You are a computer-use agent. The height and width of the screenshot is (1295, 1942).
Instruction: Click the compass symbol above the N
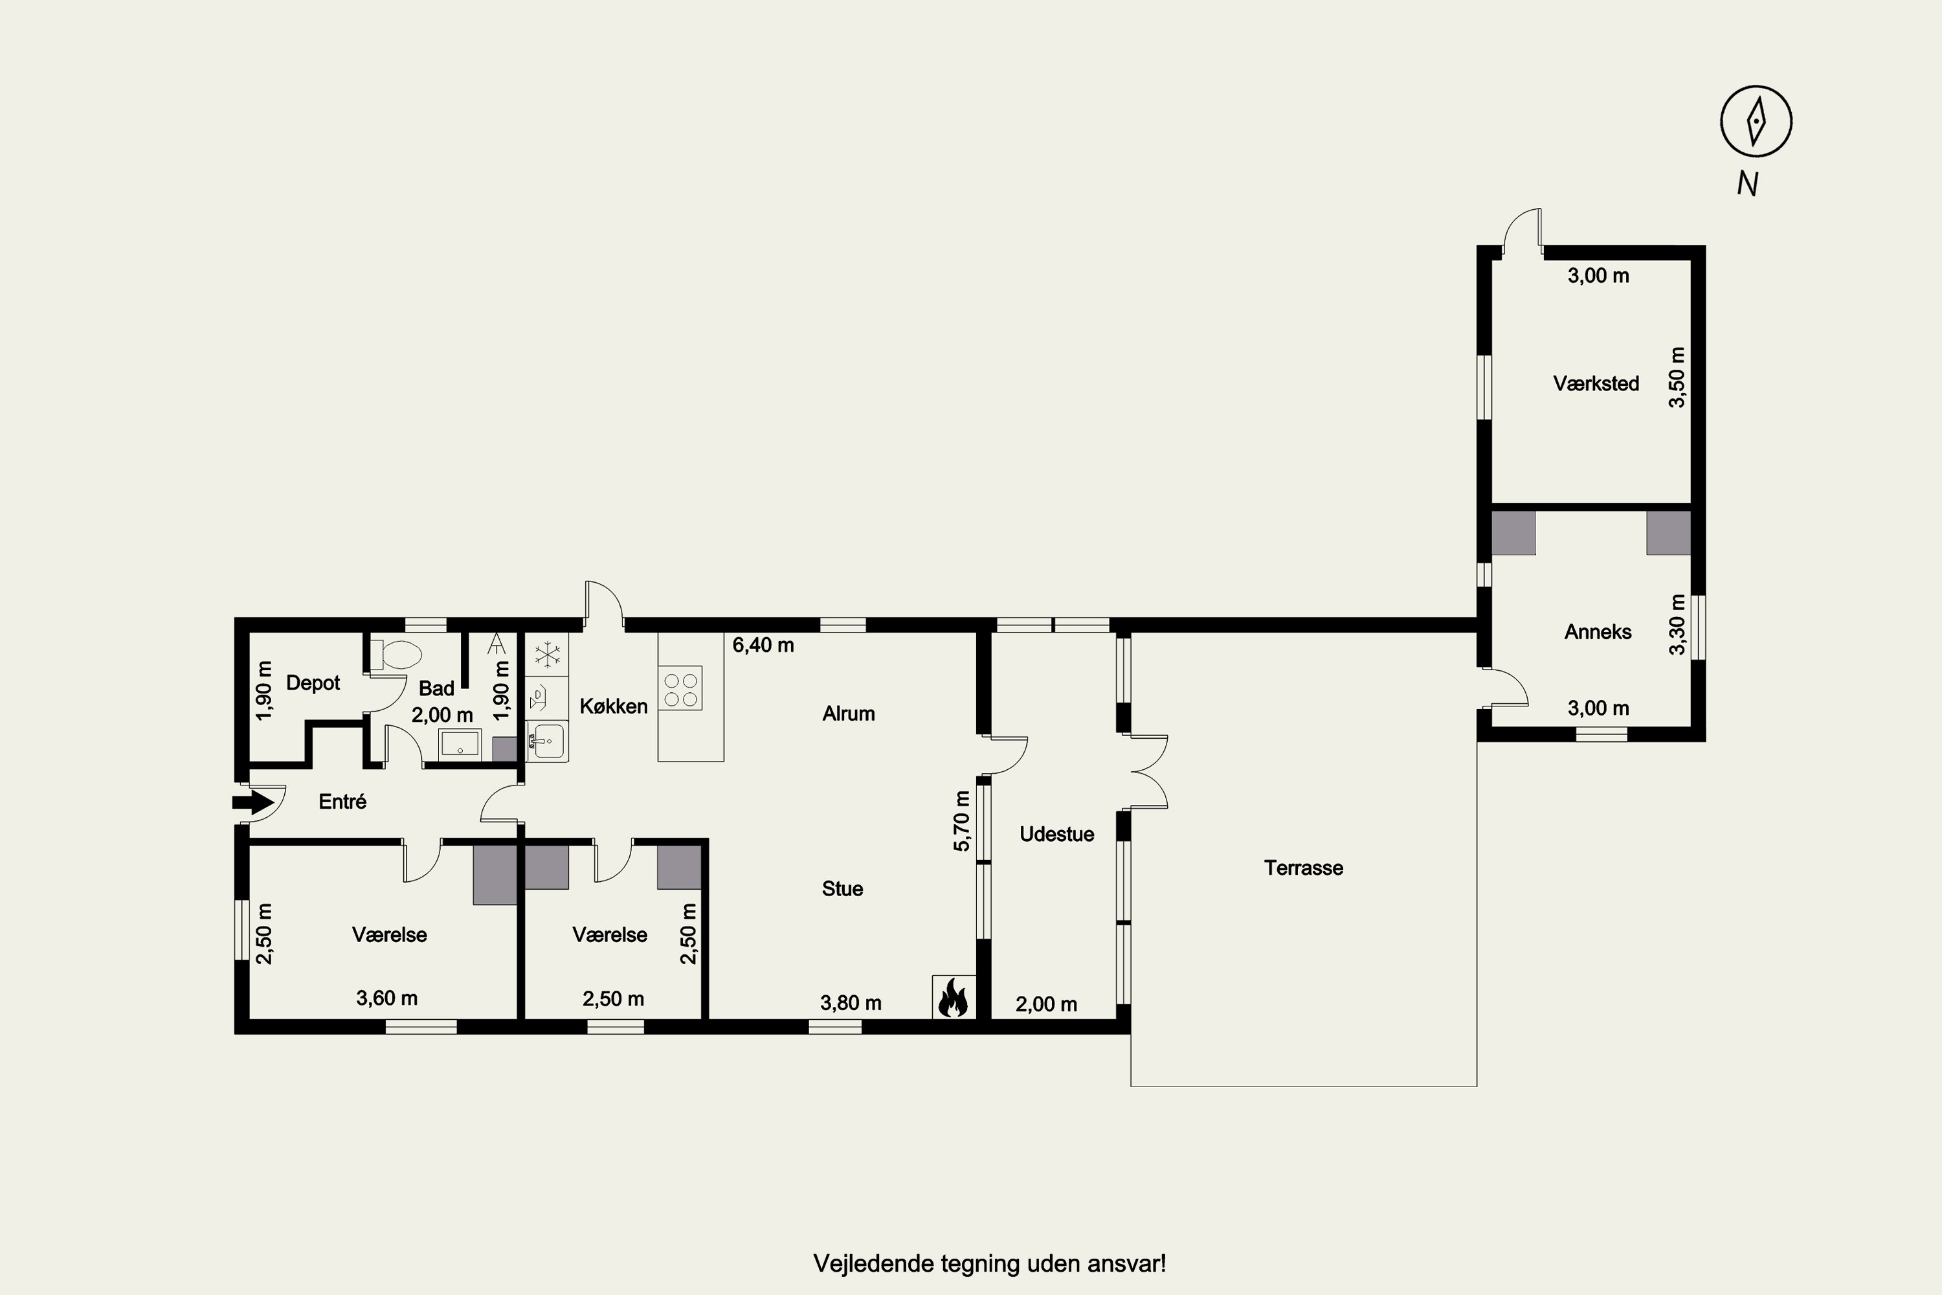coord(1756,122)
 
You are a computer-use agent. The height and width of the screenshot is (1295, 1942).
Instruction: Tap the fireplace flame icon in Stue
coord(954,998)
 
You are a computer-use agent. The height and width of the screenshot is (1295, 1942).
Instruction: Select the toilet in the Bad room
coord(396,655)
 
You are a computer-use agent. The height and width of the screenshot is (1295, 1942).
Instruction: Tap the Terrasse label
coord(1304,868)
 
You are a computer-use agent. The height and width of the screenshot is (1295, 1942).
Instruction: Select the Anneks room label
coord(1598,632)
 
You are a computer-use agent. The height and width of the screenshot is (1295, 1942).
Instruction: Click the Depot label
coord(313,683)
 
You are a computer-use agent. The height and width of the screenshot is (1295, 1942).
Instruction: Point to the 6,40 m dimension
coord(763,645)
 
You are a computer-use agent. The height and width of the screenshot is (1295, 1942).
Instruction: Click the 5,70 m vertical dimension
coord(962,821)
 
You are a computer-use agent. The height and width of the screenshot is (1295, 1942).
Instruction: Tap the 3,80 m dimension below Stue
coord(851,1004)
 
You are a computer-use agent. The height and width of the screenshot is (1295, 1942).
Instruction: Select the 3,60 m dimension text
coord(386,998)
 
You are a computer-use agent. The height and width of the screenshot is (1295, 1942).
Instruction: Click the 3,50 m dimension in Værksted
coord(1677,377)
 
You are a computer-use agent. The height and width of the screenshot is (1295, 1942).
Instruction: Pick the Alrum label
coord(848,714)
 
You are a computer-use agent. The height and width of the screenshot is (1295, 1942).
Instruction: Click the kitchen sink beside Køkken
coord(546,740)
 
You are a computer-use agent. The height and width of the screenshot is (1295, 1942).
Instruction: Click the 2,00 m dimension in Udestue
coord(1046,1004)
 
